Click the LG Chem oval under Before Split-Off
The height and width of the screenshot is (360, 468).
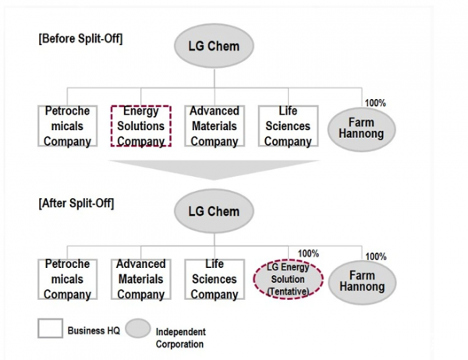click(x=213, y=45)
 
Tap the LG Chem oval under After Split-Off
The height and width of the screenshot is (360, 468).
click(x=214, y=211)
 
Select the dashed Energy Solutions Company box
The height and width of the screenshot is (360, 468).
click(x=140, y=126)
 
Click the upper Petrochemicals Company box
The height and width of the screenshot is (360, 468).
click(x=67, y=126)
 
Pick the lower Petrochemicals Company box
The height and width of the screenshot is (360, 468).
click(x=67, y=279)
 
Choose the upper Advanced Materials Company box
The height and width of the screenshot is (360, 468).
click(x=214, y=126)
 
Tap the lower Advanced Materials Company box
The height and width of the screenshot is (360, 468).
click(x=140, y=279)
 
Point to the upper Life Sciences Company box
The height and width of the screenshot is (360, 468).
click(x=288, y=126)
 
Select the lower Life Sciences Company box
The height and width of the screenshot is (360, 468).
click(x=214, y=279)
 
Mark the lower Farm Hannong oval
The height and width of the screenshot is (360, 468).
click(x=363, y=281)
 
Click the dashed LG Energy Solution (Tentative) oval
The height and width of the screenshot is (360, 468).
click(x=288, y=279)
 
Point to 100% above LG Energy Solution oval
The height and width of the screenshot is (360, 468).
click(x=308, y=253)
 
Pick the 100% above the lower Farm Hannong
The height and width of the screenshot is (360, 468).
click(x=376, y=256)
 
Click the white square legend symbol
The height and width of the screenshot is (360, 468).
click(x=51, y=330)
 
